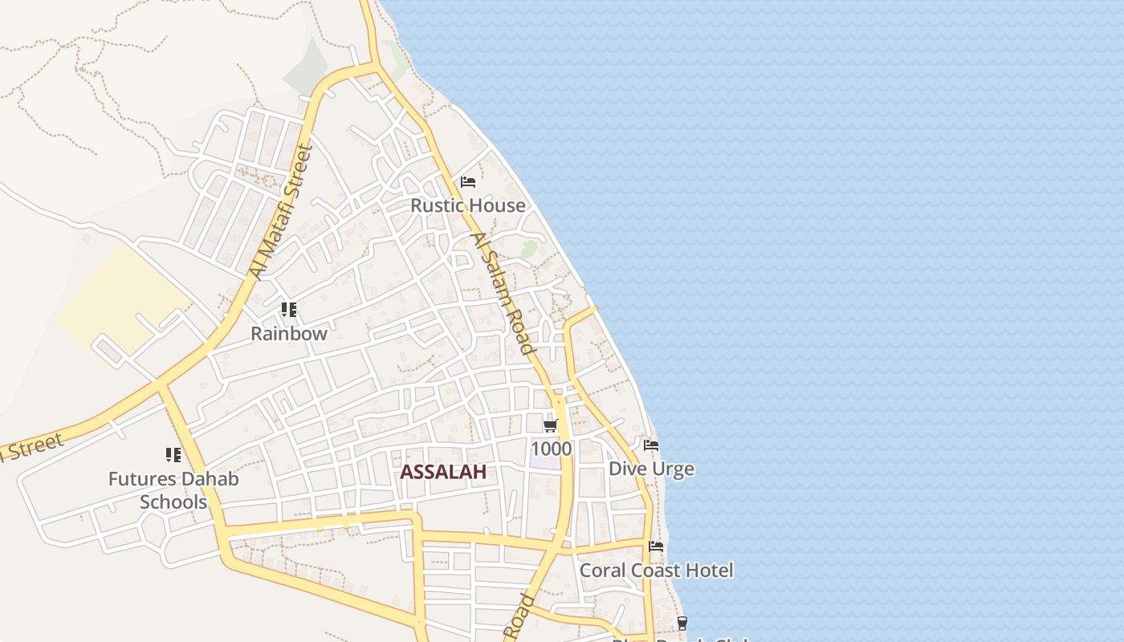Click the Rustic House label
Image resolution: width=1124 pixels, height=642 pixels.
[468, 205]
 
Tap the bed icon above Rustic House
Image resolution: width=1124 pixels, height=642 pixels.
[468, 182]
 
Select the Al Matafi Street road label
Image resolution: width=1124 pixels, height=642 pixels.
[280, 211]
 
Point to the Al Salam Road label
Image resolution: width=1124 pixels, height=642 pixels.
[503, 294]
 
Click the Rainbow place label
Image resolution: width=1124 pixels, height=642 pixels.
[289, 333]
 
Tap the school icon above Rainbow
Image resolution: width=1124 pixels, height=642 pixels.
[289, 310]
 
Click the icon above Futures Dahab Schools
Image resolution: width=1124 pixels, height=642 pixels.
[173, 455]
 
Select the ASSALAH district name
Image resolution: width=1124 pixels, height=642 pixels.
[443, 472]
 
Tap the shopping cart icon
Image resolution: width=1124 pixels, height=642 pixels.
[550, 425]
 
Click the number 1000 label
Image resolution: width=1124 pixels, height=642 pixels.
[552, 449]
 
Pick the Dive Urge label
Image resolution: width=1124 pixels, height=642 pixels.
[651, 469]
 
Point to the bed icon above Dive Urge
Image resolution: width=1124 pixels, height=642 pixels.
[651, 445]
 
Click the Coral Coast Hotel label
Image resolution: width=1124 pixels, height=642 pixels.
[656, 571]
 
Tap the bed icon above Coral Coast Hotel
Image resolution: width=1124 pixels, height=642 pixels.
[656, 547]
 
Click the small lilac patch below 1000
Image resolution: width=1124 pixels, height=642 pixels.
[544, 463]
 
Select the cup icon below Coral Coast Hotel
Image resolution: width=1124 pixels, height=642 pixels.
[682, 622]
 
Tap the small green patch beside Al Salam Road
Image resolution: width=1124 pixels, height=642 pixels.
[528, 249]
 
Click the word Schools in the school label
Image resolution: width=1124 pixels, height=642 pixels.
[173, 502]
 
